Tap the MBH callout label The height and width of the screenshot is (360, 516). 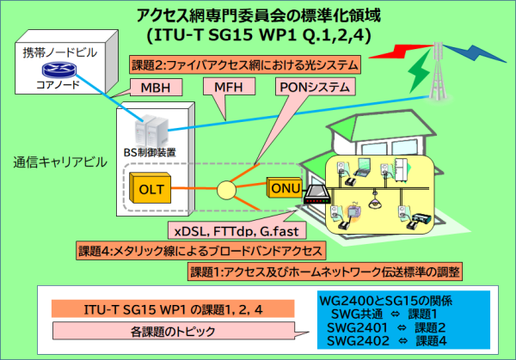(x=155, y=88)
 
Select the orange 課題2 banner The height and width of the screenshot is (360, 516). (x=244, y=64)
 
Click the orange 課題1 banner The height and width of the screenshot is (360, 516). (x=326, y=272)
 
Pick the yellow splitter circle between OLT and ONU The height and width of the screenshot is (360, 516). (x=226, y=187)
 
